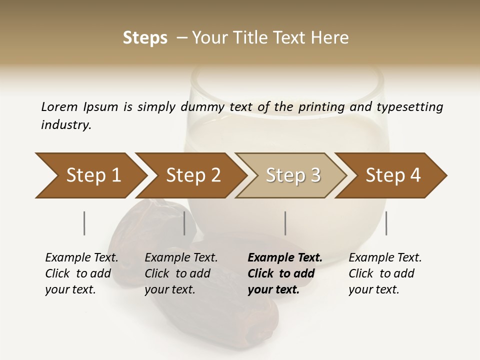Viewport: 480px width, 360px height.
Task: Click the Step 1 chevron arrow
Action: [93, 175]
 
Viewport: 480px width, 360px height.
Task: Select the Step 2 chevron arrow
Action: [193, 175]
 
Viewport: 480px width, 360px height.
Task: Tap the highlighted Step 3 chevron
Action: [293, 175]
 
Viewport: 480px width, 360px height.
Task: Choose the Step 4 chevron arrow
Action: [393, 175]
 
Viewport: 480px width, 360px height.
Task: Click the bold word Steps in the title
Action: [145, 38]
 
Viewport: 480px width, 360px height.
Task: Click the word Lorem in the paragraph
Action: [59, 107]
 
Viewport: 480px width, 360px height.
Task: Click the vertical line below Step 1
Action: [84, 223]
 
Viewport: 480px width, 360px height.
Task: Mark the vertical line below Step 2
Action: [184, 223]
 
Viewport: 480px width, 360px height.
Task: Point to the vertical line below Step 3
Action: [285, 223]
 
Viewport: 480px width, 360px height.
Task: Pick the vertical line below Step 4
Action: [386, 223]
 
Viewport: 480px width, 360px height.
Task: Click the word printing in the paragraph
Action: [321, 107]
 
